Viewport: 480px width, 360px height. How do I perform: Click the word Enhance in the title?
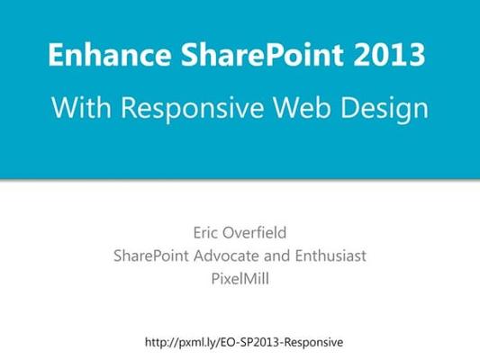(x=110, y=54)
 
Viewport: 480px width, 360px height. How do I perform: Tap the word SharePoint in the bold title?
(x=262, y=54)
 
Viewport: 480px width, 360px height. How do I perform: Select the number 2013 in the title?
(x=389, y=54)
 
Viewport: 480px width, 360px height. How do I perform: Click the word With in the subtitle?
(x=81, y=107)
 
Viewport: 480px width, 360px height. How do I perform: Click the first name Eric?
(x=204, y=233)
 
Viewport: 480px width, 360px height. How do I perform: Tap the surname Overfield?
(x=254, y=233)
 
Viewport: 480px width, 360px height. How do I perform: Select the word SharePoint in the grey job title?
(x=151, y=256)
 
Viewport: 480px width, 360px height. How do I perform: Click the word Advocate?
(x=227, y=256)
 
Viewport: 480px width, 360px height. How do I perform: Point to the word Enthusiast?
(x=331, y=256)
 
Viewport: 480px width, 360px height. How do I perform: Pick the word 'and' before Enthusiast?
(x=277, y=256)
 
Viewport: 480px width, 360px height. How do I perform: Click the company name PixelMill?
(x=240, y=279)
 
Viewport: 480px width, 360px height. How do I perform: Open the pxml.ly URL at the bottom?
(x=244, y=342)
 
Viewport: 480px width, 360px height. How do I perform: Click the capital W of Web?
(x=285, y=107)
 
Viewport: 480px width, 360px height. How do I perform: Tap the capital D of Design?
(x=349, y=107)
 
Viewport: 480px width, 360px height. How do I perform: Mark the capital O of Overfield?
(x=229, y=233)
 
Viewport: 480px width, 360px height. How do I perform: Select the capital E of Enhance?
(x=55, y=55)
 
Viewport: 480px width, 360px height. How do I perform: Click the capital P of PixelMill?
(x=215, y=279)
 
